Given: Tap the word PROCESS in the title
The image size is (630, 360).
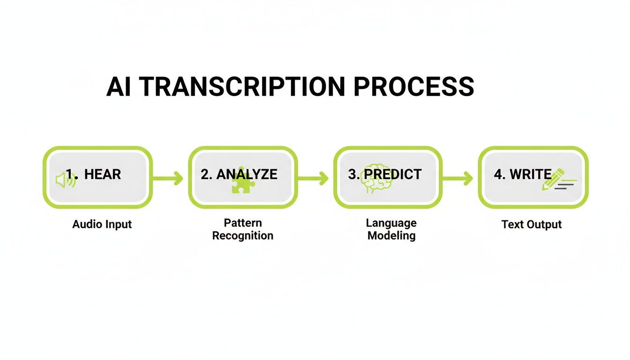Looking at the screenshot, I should [413, 87].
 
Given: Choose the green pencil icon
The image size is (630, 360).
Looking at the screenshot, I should [553, 180].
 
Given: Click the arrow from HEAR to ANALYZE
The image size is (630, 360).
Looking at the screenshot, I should [168, 178].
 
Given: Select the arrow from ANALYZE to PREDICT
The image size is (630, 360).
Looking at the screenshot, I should [313, 178].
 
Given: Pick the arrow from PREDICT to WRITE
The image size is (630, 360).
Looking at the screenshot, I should [458, 178].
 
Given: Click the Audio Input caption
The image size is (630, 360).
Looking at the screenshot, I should [102, 224].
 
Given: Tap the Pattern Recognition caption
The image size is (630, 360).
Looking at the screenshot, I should [243, 229].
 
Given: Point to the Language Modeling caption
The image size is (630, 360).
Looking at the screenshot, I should [391, 229].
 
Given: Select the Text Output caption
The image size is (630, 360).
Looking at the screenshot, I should [532, 224].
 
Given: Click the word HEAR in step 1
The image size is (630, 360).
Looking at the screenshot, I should [103, 174].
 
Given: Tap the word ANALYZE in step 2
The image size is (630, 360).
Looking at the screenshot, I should [247, 174].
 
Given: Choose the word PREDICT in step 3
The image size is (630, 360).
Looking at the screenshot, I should [393, 174].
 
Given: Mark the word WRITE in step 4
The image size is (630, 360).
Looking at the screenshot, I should [531, 174].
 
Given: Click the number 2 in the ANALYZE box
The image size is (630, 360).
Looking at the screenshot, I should [204, 174].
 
